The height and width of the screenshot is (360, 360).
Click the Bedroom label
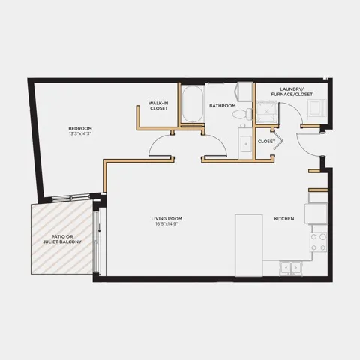tap(80, 128)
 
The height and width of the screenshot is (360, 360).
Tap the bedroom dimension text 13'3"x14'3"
tap(80, 133)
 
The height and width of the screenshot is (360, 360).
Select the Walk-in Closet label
tap(159, 106)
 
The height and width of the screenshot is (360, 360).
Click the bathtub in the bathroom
tap(192, 104)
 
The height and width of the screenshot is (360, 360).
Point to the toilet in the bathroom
tap(243, 114)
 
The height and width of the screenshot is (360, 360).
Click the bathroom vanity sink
tap(245, 144)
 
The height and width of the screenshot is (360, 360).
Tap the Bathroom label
tap(223, 106)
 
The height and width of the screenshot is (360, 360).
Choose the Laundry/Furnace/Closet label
tap(292, 91)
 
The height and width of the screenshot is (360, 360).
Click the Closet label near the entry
tap(266, 142)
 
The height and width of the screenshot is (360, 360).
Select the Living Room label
tap(166, 219)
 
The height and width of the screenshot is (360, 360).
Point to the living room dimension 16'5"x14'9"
tap(166, 224)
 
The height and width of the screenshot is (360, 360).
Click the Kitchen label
tap(284, 219)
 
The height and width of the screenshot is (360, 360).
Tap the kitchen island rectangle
tap(249, 245)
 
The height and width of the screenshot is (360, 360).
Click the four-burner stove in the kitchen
tap(319, 242)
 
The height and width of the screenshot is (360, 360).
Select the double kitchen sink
tap(291, 268)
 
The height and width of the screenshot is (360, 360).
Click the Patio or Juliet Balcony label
tap(62, 239)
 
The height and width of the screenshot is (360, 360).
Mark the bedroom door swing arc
tap(154, 142)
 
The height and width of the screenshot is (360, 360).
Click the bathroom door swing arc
tap(221, 142)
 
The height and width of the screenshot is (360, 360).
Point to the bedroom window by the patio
tap(70, 198)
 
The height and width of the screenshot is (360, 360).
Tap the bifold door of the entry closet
tap(278, 141)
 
